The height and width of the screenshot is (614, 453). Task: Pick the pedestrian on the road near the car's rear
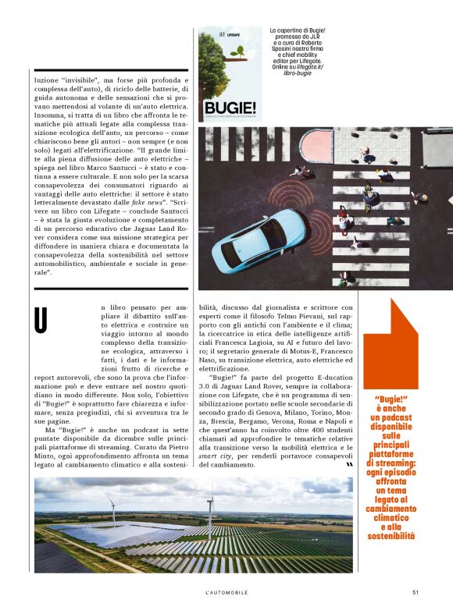point(298,171)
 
